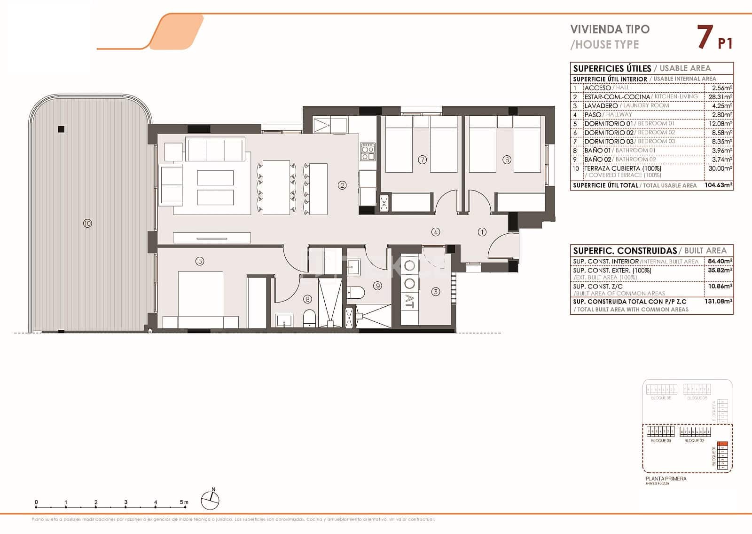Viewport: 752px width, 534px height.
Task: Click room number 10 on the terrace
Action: click(87, 223)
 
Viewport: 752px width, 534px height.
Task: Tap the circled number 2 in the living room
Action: click(342, 185)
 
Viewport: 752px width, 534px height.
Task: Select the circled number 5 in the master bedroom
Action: click(200, 261)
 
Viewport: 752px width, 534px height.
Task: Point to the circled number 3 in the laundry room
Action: click(436, 292)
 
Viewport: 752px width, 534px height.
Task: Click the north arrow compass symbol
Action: click(210, 500)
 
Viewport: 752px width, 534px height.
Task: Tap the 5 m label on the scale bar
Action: click(184, 502)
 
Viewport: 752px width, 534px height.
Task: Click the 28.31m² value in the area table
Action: click(720, 97)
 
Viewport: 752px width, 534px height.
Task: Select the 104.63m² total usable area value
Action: click(718, 185)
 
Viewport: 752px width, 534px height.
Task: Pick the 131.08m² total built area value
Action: click(718, 301)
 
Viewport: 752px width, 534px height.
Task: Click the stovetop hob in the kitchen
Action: click(368, 151)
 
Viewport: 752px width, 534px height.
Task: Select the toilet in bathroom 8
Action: click(309, 319)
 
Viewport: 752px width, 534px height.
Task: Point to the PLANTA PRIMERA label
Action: click(666, 478)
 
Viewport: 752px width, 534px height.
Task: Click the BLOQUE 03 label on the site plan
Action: click(661, 441)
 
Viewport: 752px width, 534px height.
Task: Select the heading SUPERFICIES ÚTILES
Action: click(612, 69)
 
